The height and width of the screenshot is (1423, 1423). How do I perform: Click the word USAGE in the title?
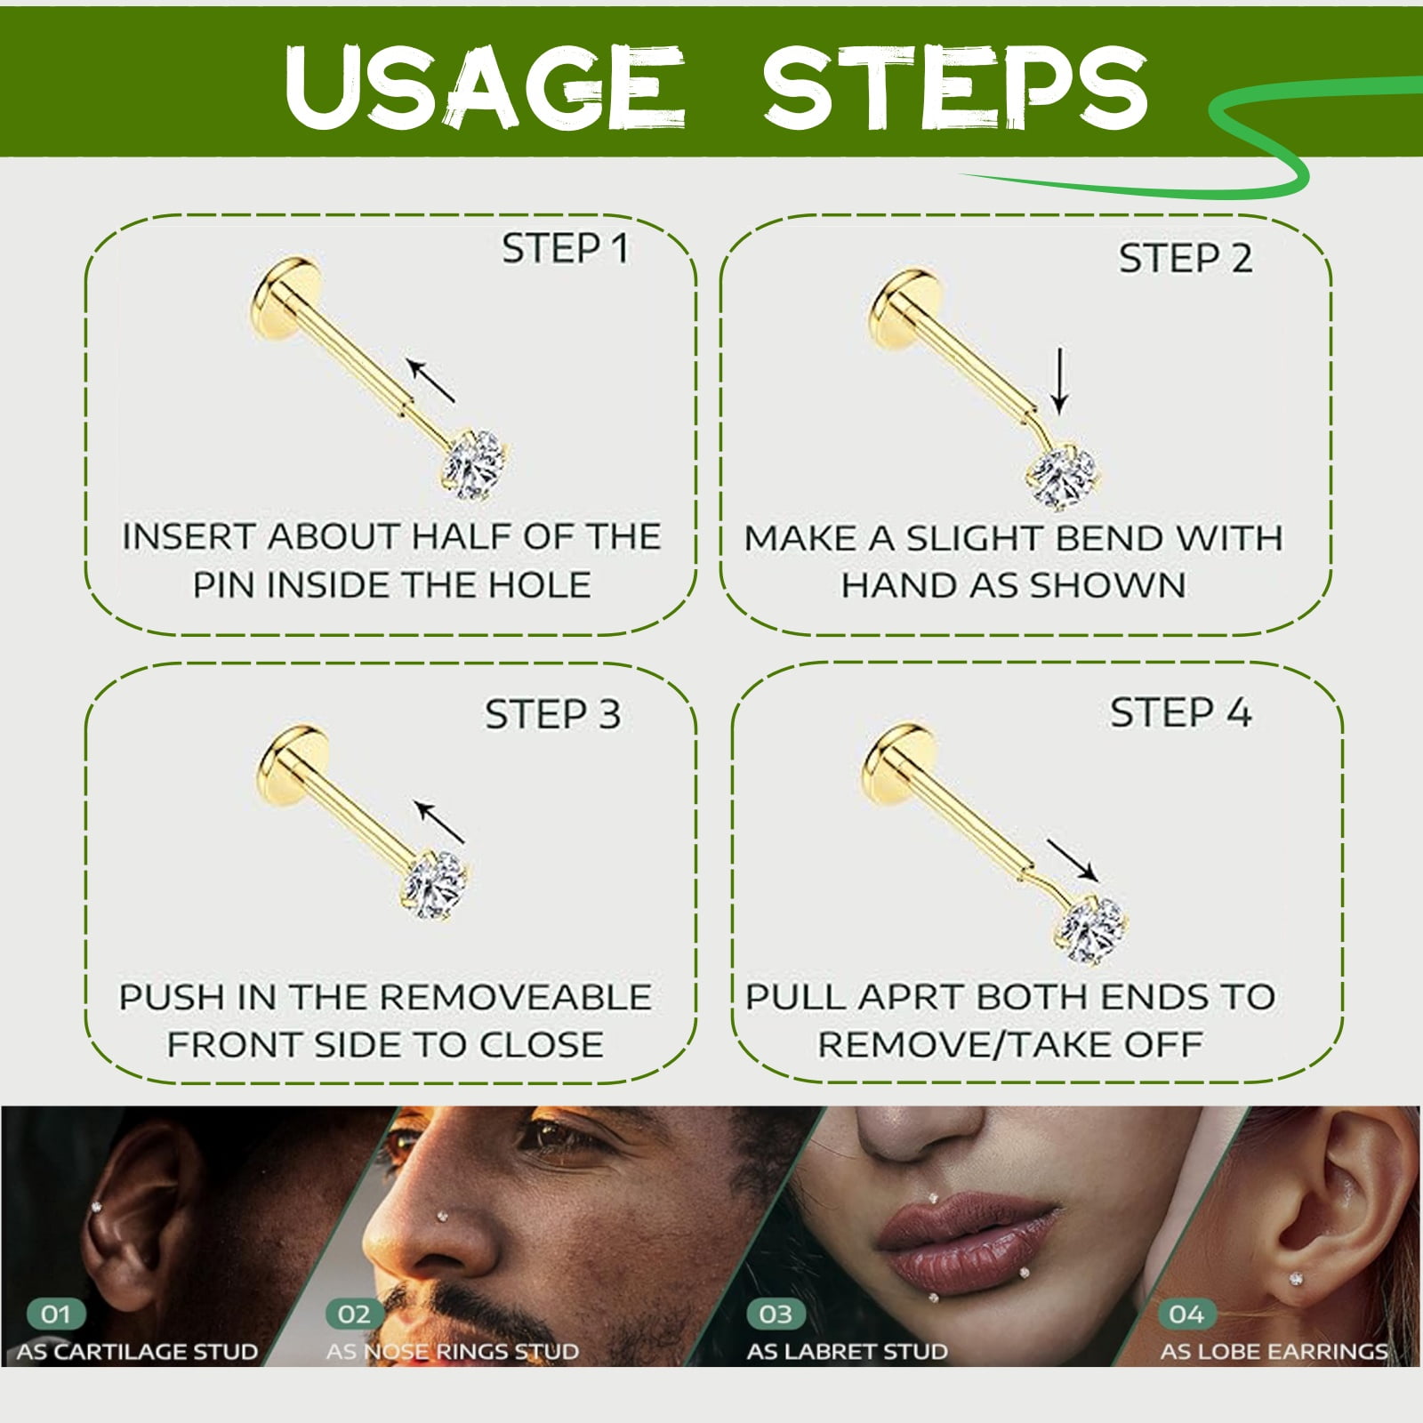click(x=486, y=85)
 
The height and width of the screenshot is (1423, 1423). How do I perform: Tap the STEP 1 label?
click(x=566, y=248)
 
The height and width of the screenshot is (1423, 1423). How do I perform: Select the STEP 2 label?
click(x=1186, y=259)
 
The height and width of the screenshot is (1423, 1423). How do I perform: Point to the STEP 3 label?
click(x=552, y=714)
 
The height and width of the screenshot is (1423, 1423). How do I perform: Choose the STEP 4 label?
click(x=1180, y=712)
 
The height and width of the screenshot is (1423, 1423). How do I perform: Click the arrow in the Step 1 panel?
click(x=430, y=380)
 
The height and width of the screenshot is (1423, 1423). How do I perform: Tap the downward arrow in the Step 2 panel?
click(x=1059, y=382)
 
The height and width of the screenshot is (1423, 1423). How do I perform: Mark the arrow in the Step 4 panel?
click(x=1073, y=860)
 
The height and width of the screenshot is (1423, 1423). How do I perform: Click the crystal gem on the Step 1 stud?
click(x=475, y=463)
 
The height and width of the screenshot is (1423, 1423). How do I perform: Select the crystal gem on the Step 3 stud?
click(x=435, y=885)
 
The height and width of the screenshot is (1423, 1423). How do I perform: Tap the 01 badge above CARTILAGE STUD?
click(x=56, y=1314)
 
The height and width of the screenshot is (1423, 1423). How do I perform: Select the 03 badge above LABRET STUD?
click(x=776, y=1314)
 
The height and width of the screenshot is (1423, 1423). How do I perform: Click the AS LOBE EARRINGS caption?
click(x=1274, y=1352)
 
